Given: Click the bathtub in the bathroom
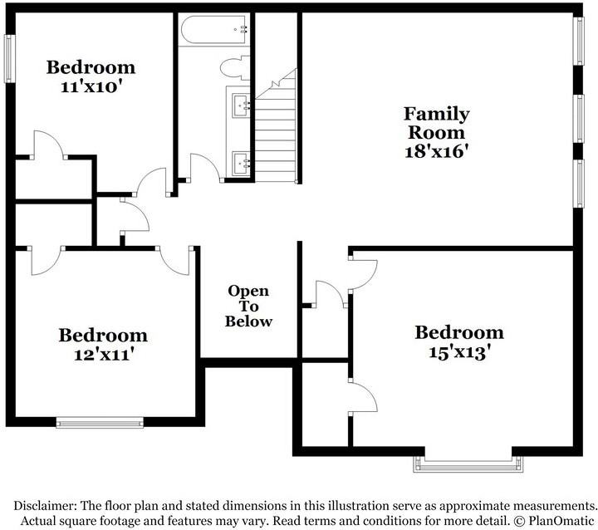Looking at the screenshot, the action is point(214,31).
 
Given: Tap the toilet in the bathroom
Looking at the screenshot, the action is point(234,68).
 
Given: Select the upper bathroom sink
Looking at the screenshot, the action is point(241,105).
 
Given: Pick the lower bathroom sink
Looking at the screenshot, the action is point(241,164).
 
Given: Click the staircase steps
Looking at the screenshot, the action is point(276,126).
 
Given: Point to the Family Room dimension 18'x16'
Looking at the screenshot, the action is point(436,151).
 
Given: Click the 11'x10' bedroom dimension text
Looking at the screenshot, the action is point(91,87).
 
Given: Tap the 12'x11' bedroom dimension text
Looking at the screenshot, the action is point(103,355).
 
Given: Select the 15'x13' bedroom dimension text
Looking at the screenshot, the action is point(459,352).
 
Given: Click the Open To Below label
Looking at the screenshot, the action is point(248,306).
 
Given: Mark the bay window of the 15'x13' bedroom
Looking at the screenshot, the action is point(468,464).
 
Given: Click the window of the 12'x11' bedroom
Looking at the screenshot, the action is point(100,423).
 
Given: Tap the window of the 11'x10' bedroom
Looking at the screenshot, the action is point(10,59).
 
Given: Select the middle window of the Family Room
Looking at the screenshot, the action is point(579,119).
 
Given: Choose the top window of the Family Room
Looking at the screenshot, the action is point(579,42).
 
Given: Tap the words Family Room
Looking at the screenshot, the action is point(436,123).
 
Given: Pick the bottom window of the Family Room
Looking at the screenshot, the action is point(579,184).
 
